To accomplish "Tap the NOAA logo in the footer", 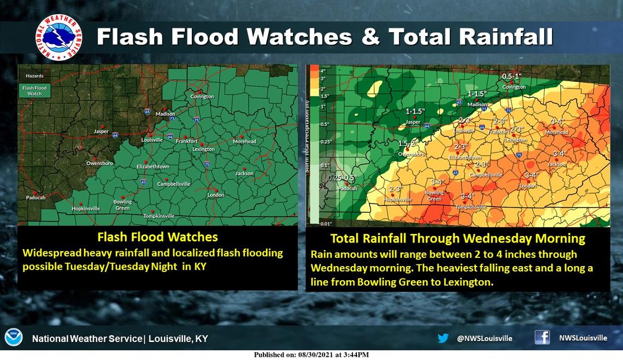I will click(14, 338).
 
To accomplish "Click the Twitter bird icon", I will click(443, 338).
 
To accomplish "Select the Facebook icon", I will click(542, 338).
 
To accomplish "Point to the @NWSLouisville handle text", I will click(484, 338).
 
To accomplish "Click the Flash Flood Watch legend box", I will click(34, 91).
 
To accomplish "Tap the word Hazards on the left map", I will click(33, 76).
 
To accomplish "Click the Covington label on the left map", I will click(202, 97).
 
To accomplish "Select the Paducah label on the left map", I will click(35, 198).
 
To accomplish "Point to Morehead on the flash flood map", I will click(244, 141).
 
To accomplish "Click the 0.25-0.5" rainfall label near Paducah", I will click(342, 178).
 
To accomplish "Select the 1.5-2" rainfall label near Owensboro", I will click(408, 143).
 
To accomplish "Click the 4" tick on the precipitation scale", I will click(323, 71).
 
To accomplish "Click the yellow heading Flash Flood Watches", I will click(157, 237).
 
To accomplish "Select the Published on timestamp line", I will click(311, 355).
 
